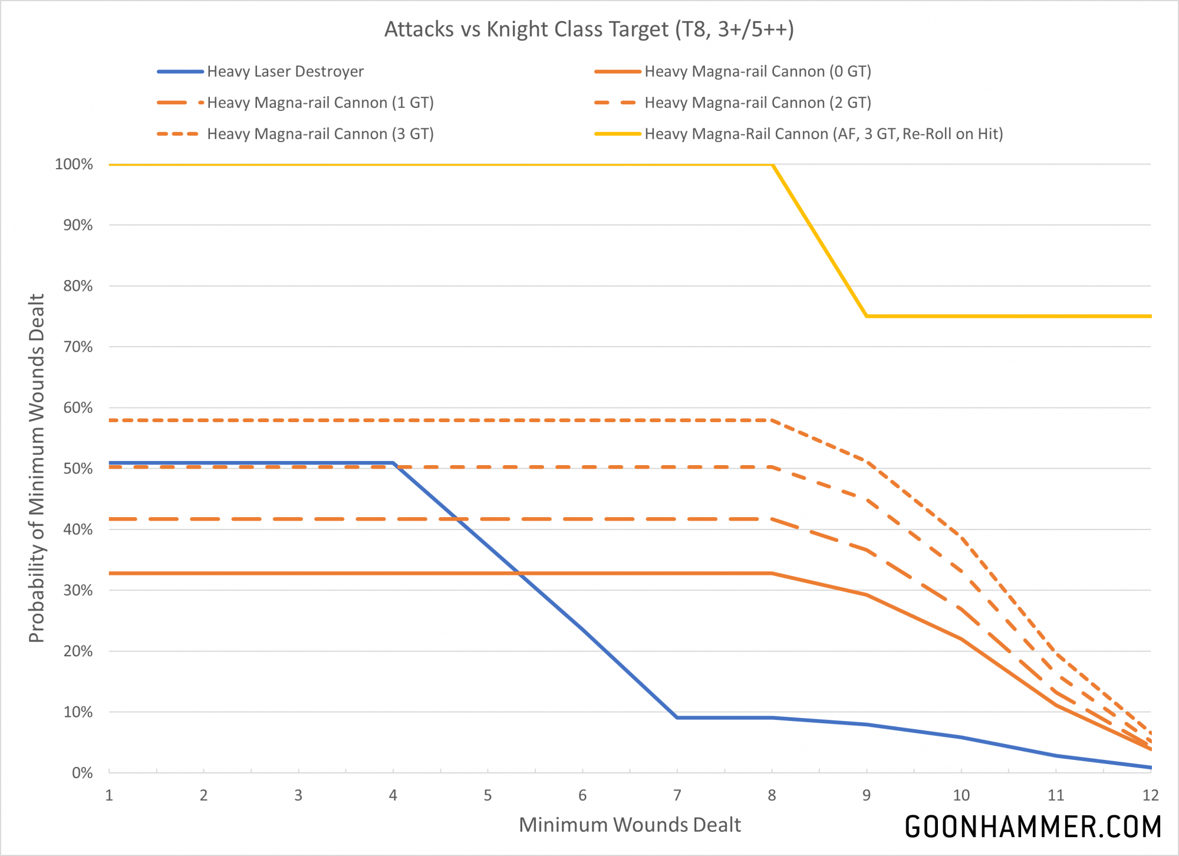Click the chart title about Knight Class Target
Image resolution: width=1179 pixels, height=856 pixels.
click(x=589, y=29)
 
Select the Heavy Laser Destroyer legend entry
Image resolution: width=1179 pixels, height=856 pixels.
click(x=285, y=71)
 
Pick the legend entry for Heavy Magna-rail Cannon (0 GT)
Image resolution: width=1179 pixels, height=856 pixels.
click(x=758, y=71)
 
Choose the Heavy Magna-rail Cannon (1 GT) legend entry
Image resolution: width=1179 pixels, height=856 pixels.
click(x=320, y=103)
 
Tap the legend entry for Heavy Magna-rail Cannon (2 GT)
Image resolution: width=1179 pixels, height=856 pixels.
click(x=758, y=103)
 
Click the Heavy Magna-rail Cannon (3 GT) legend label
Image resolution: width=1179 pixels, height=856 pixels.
click(x=320, y=134)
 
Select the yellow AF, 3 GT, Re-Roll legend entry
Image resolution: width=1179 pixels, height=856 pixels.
click(x=824, y=134)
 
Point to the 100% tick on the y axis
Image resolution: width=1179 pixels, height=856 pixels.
click(x=74, y=164)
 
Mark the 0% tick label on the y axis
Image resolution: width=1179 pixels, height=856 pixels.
click(x=82, y=773)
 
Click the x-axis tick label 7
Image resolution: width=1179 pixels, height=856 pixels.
click(x=677, y=795)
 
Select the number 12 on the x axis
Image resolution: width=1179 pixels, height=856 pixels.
click(x=1150, y=795)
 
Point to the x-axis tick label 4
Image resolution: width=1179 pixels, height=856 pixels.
click(x=393, y=795)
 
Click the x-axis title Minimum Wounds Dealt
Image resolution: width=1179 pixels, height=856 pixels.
click(x=630, y=825)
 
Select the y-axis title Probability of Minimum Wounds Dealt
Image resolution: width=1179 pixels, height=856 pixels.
click(x=37, y=468)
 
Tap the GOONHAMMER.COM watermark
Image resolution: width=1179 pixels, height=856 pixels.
click(x=1033, y=827)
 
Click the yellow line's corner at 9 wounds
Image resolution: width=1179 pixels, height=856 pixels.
click(x=867, y=317)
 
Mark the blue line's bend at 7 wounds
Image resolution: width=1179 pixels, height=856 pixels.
click(x=677, y=717)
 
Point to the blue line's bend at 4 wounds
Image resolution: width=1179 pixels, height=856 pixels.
click(x=393, y=463)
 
